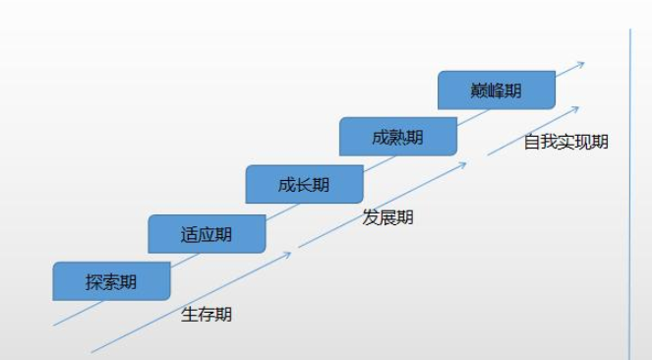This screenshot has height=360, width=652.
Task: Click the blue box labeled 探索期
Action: (x=111, y=281)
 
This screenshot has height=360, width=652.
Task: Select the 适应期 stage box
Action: (x=207, y=234)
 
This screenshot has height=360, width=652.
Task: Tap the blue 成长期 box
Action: (x=304, y=184)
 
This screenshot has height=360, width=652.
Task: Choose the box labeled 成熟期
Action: (x=398, y=137)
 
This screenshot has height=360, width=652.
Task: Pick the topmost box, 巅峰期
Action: (x=497, y=90)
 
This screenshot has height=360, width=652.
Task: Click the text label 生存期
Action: (x=207, y=315)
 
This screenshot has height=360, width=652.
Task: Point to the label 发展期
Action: (x=388, y=217)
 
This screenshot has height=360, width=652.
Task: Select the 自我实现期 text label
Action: (x=565, y=142)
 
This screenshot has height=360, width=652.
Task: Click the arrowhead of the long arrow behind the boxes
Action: (x=582, y=64)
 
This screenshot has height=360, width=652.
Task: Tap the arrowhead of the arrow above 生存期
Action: (x=290, y=254)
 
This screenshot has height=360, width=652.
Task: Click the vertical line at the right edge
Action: (x=630, y=197)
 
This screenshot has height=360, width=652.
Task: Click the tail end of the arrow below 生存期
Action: (x=91, y=351)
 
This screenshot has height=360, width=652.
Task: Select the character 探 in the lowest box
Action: (x=93, y=282)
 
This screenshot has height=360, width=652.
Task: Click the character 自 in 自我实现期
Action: (x=532, y=142)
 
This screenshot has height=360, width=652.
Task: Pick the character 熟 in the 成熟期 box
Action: (x=398, y=137)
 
